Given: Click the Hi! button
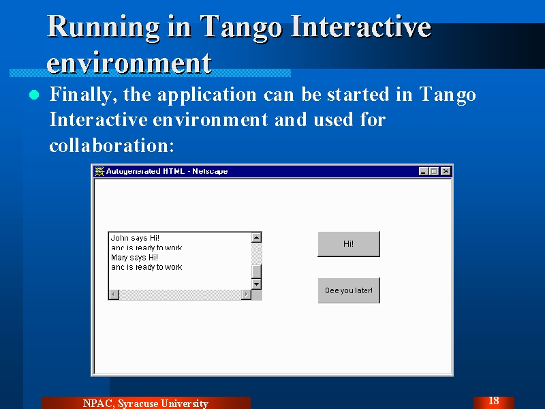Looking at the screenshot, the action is pyautogui.click(x=349, y=244).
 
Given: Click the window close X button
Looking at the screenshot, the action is pyautogui.click(x=446, y=171).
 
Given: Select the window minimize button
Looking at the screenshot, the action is pyautogui.click(x=423, y=171).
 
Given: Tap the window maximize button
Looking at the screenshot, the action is pyautogui.click(x=434, y=171).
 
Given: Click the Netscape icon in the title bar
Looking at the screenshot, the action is pyautogui.click(x=99, y=171).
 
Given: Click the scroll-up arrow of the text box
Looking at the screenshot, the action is pyautogui.click(x=257, y=237).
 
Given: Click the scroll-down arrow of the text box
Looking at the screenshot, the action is pyautogui.click(x=257, y=284).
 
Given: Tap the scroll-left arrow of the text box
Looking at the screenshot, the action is pyautogui.click(x=114, y=294).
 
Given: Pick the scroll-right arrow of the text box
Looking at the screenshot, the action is pyautogui.click(x=246, y=294).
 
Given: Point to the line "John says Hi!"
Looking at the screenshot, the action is pyautogui.click(x=135, y=238).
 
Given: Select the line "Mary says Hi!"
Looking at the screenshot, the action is pyautogui.click(x=134, y=258).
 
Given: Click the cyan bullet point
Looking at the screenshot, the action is pyautogui.click(x=34, y=95).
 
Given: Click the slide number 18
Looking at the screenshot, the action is pyautogui.click(x=493, y=401).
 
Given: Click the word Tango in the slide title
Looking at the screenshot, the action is pyautogui.click(x=242, y=29).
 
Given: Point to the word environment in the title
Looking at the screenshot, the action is pyautogui.click(x=129, y=63).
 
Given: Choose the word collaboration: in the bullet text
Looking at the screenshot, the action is pyautogui.click(x=112, y=145).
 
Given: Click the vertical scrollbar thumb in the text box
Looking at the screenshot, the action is pyautogui.click(x=257, y=271).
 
